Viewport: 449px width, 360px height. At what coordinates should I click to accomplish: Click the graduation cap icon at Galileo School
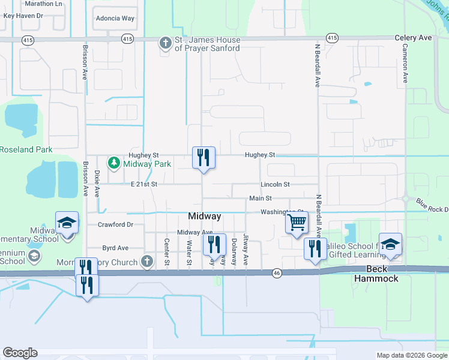click(x=390, y=244)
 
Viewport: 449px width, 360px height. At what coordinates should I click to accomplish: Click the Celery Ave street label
click(x=413, y=38)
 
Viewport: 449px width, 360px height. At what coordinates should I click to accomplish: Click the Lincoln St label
click(x=275, y=184)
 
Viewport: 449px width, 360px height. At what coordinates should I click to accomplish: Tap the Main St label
click(x=261, y=198)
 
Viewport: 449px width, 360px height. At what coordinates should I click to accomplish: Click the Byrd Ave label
click(x=115, y=247)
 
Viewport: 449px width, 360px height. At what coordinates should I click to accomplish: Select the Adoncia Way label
click(x=115, y=19)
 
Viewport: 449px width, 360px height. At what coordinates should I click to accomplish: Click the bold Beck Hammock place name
click(x=376, y=274)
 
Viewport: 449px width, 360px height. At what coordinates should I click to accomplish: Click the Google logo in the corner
click(x=20, y=353)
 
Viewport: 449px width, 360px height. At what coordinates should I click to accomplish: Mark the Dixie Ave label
click(x=97, y=183)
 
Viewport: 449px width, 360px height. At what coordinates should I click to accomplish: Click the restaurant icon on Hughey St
click(x=203, y=158)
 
